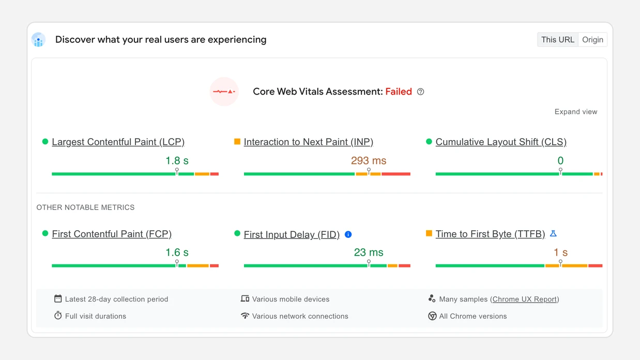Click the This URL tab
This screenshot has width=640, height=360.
557,40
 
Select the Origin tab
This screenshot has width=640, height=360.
592,40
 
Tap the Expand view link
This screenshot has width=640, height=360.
575,112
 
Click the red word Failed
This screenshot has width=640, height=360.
399,92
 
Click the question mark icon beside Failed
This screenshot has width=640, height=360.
420,92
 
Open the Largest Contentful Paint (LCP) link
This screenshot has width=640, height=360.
118,142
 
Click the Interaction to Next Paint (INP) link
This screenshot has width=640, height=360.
308,142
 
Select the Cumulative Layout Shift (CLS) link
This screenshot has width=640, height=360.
500,142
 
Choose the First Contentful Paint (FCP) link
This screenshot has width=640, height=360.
112,234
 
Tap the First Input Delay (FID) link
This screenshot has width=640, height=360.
292,234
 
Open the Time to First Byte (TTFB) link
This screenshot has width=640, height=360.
490,234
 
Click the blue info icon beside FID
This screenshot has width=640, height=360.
348,234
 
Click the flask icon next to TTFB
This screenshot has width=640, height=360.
553,234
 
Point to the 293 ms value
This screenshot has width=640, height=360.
368,160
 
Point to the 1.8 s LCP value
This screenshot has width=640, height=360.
177,160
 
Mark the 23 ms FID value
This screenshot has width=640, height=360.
368,252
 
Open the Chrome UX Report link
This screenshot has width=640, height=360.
525,299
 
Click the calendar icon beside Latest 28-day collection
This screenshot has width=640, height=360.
58,298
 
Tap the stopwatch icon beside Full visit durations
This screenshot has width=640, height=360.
58,316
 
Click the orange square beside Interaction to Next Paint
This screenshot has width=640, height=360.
237,141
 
